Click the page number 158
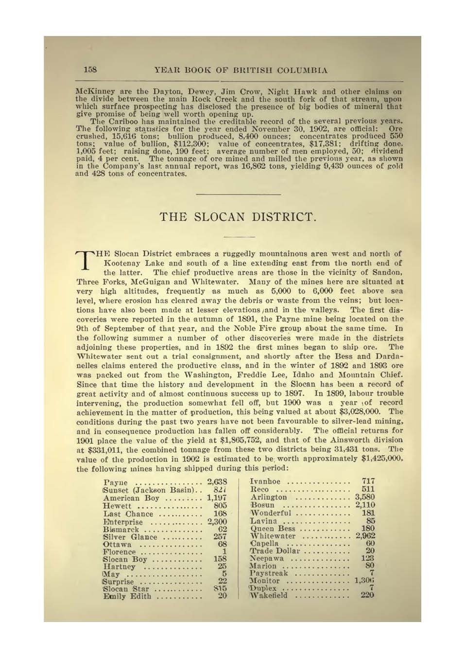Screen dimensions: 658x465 90,70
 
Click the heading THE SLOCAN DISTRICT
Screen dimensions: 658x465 238,216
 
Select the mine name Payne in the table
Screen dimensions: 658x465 116,482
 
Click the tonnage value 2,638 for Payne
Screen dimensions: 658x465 217,482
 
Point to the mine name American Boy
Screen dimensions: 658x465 131,498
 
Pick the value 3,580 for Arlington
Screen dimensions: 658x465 364,497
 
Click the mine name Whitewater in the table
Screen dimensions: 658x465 273,535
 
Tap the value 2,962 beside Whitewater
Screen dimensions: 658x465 365,535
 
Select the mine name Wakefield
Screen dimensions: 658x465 269,595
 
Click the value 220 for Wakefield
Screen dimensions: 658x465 367,595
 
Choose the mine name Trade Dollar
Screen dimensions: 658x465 275,551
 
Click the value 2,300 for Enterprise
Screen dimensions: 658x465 217,522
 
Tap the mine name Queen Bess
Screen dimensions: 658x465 273,528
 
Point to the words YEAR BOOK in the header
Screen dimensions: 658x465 183,70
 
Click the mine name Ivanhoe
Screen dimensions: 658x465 265,481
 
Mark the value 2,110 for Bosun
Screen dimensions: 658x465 365,505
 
